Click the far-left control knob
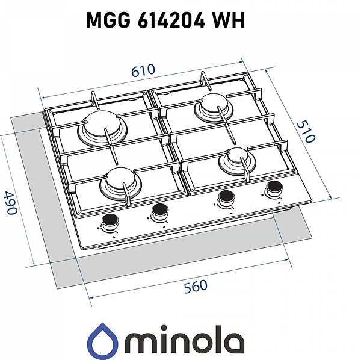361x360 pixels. pos(111,221)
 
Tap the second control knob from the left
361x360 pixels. pos(160,211)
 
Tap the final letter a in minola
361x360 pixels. pos(233,342)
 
